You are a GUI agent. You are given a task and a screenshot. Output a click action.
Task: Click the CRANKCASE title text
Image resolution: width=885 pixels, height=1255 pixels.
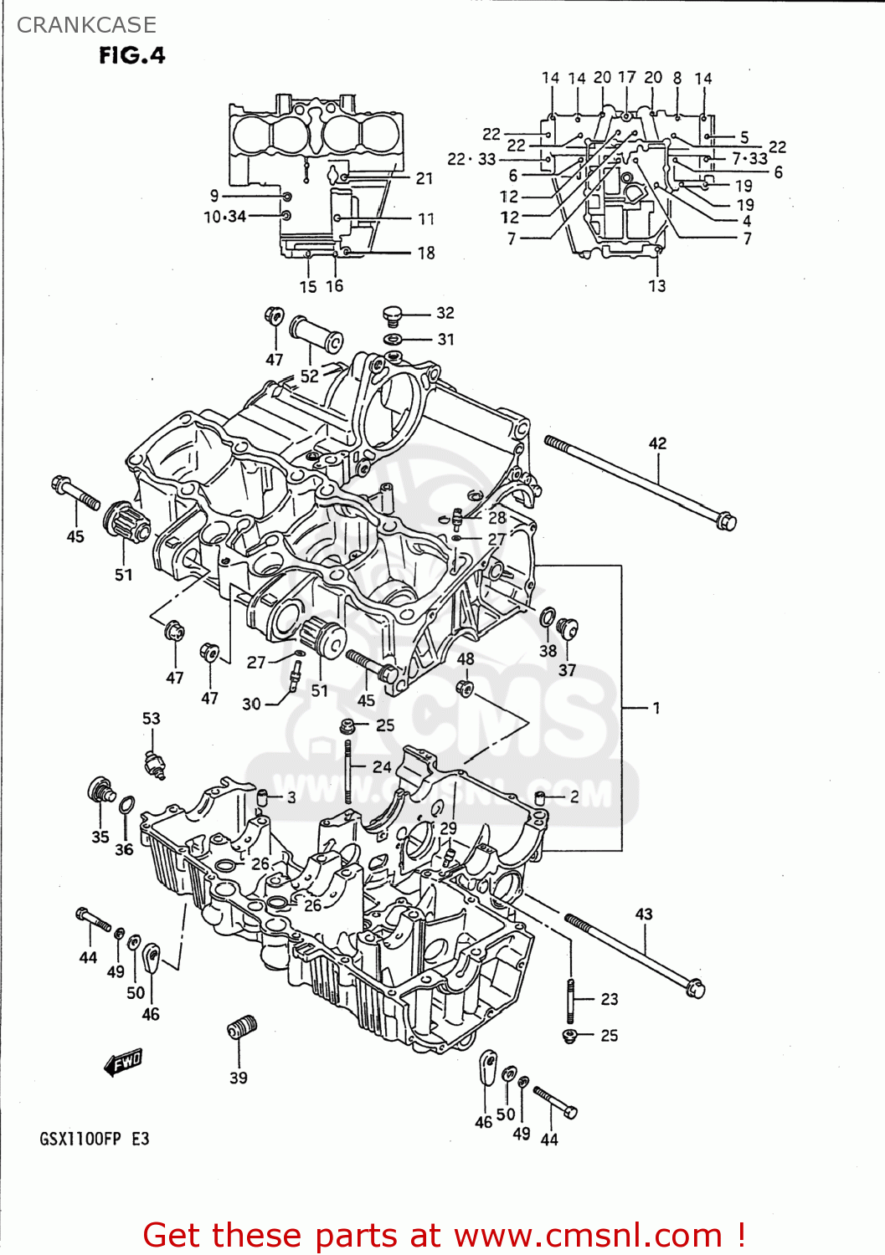pyautogui.click(x=86, y=25)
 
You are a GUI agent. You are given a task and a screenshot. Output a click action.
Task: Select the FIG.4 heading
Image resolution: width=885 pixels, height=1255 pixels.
pyautogui.click(x=132, y=55)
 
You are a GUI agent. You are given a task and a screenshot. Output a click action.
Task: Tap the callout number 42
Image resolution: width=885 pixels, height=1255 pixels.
pyautogui.click(x=657, y=443)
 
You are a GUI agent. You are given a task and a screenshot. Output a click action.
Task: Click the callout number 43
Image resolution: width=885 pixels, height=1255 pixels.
pyautogui.click(x=643, y=914)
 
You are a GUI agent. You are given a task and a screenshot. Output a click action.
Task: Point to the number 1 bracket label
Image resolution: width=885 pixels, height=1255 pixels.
pyautogui.click(x=656, y=708)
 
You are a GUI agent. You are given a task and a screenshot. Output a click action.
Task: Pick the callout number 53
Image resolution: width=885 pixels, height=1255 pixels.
pyautogui.click(x=151, y=718)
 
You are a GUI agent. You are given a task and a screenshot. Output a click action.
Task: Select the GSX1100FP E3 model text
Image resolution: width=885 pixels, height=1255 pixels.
pyautogui.click(x=94, y=1139)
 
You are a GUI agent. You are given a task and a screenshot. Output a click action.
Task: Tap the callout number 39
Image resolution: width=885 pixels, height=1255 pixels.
pyautogui.click(x=239, y=1078)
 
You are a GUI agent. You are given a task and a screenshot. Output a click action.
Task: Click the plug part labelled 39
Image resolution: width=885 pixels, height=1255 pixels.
pyautogui.click(x=242, y=1027)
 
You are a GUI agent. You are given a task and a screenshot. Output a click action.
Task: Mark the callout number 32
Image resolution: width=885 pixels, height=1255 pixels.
pyautogui.click(x=445, y=313)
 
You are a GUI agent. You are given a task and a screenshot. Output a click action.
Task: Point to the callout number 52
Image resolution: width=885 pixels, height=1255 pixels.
pyautogui.click(x=310, y=376)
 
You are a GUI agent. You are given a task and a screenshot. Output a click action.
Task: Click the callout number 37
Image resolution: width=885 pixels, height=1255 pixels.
pyautogui.click(x=567, y=670)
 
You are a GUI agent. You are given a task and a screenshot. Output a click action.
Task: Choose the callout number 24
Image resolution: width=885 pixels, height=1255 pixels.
pyautogui.click(x=382, y=766)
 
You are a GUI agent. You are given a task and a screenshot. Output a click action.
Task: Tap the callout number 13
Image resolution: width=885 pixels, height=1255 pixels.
pyautogui.click(x=657, y=286)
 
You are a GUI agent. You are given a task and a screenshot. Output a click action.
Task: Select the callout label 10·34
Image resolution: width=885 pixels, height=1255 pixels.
pyautogui.click(x=224, y=217)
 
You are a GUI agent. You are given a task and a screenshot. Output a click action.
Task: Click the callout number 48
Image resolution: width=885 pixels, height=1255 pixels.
pyautogui.click(x=466, y=658)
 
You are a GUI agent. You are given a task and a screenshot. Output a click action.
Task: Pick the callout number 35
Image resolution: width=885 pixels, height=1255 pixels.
pyautogui.click(x=100, y=837)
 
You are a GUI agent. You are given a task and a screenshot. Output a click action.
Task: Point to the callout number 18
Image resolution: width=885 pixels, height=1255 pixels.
pyautogui.click(x=426, y=253)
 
